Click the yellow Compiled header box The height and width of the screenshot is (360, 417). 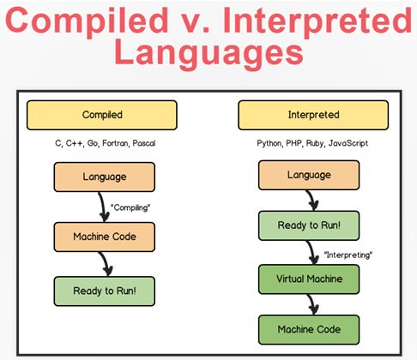click(x=102, y=115)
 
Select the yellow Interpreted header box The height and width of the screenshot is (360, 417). click(x=313, y=115)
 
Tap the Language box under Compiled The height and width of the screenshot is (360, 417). click(x=105, y=177)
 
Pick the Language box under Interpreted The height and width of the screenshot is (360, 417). click(x=309, y=175)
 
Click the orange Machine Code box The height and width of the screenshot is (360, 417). click(x=105, y=237)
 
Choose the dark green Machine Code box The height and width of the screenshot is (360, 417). click(x=309, y=329)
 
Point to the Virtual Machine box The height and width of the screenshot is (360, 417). click(x=309, y=279)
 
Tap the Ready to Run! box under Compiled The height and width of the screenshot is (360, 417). click(x=105, y=291)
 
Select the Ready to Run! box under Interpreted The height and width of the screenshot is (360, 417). click(x=309, y=225)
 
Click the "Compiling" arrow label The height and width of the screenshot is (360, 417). click(x=130, y=207)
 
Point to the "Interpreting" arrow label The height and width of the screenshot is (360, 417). click(x=348, y=255)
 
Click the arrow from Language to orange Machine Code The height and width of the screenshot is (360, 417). click(x=103, y=207)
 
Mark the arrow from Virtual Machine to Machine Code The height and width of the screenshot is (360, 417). click(x=312, y=304)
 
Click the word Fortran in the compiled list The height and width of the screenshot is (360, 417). click(x=116, y=143)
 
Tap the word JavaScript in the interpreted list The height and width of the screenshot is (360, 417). click(x=348, y=143)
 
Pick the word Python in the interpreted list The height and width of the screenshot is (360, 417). click(x=269, y=143)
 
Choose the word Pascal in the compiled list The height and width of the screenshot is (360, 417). click(x=144, y=143)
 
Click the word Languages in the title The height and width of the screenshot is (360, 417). click(x=208, y=53)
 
